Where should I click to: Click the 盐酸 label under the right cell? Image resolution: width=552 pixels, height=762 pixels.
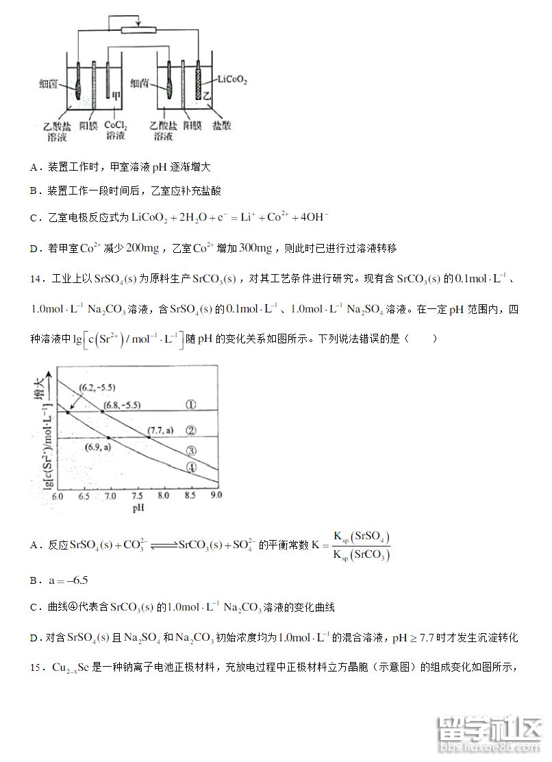[x=221, y=126]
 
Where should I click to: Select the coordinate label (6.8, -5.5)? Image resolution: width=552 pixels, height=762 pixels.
[x=121, y=406]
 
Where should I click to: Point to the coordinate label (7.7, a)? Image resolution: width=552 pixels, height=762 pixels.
[x=161, y=430]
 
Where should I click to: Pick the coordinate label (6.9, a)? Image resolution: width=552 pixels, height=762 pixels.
[x=98, y=447]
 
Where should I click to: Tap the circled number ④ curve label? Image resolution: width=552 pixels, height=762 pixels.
[x=192, y=467]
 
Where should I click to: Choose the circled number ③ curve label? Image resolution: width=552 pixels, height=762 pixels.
[x=191, y=450]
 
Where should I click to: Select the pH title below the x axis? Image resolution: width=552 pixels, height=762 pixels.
[x=138, y=509]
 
